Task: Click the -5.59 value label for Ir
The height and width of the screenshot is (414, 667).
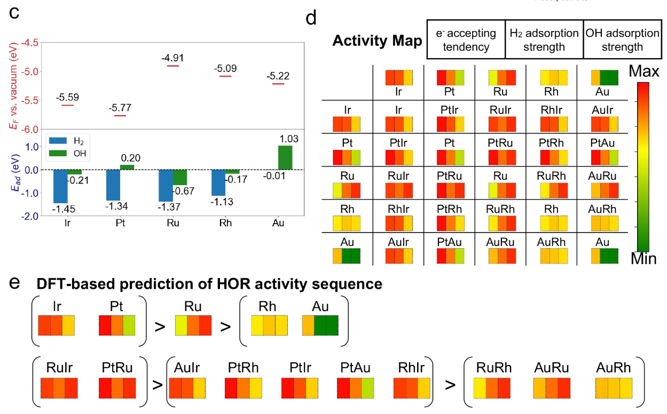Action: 67,98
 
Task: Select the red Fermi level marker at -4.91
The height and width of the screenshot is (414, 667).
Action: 172,66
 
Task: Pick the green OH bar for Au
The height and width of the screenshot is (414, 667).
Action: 285,157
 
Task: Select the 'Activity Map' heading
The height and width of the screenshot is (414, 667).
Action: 377,41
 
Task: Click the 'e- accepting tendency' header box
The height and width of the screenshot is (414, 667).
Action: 466,40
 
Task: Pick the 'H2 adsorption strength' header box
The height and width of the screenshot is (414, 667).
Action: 544,40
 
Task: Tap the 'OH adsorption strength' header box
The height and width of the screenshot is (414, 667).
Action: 622,40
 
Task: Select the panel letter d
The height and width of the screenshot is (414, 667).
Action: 311,19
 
